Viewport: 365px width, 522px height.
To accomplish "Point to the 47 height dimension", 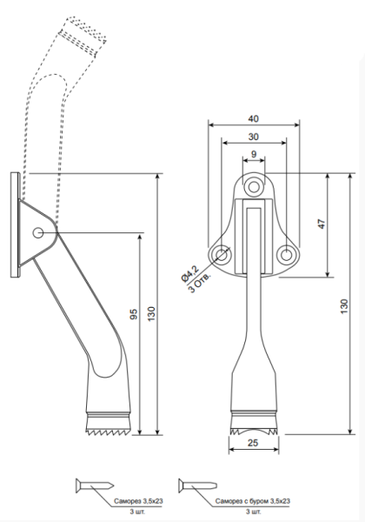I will click(321, 224).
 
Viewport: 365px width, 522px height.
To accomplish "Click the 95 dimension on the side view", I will click(134, 315).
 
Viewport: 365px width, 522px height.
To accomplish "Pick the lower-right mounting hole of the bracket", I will click(286, 254).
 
